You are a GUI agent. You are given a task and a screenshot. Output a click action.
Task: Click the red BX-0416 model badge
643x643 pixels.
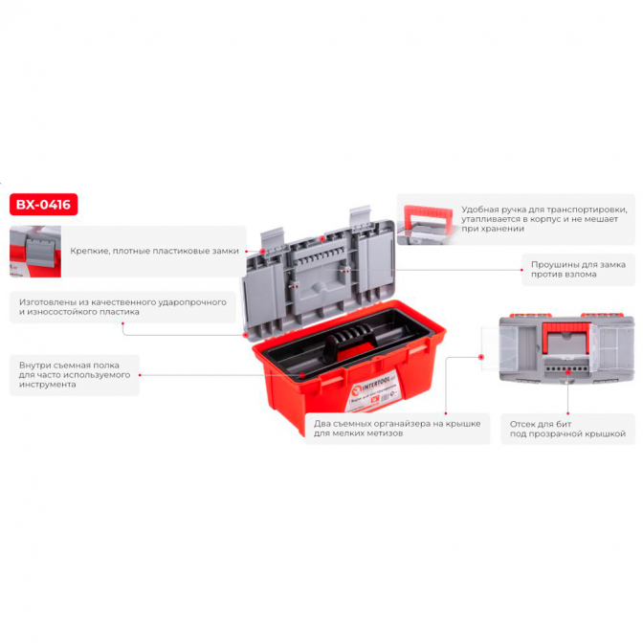43,204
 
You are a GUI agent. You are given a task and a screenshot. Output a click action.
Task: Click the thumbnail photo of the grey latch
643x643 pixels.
35,252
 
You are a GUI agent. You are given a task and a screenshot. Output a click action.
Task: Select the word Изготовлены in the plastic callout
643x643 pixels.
43,302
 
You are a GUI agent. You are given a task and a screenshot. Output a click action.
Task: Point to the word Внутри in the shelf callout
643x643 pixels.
33,365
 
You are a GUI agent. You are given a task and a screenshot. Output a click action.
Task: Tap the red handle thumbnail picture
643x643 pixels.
428,225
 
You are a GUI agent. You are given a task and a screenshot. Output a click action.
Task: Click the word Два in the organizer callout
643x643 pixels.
321,424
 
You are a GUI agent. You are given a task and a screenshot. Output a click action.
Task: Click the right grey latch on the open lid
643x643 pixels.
360,217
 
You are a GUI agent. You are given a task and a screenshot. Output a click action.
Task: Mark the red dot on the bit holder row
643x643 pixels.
568,372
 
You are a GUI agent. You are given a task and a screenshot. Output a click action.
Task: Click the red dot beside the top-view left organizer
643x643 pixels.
481,357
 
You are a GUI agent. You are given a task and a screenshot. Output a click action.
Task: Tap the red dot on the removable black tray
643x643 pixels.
302,374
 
